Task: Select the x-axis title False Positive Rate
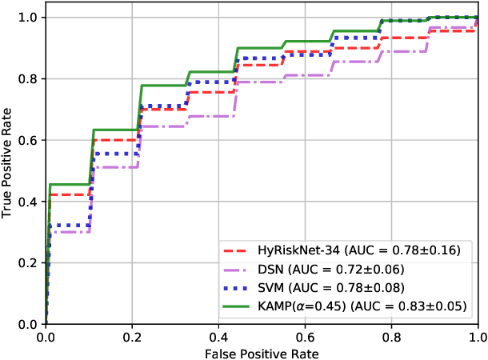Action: (262, 352)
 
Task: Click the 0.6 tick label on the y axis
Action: (29, 140)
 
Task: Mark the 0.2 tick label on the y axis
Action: (29, 262)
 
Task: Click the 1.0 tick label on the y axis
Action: (29, 17)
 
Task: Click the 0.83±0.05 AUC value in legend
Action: (437, 306)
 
